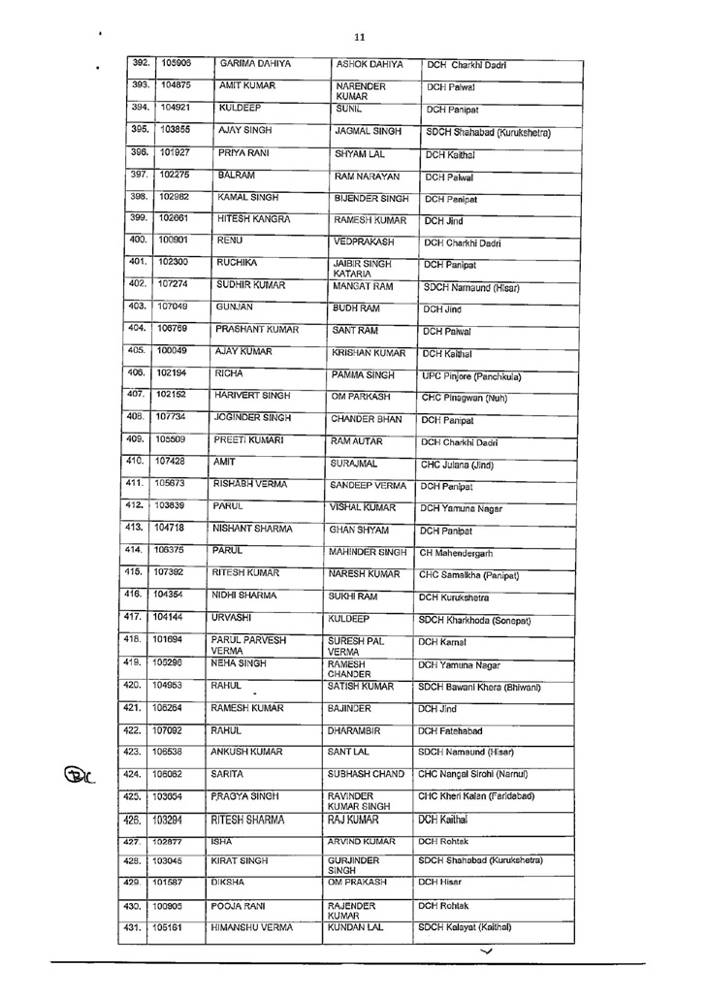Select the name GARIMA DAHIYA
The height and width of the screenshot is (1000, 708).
256,64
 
